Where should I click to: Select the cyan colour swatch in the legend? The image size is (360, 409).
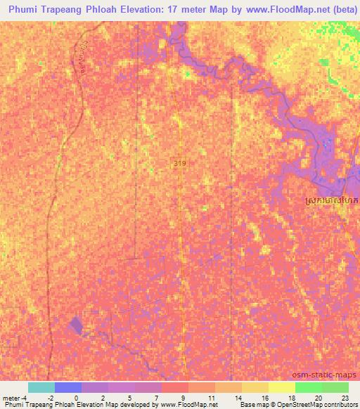pyautogui.click(x=41, y=387)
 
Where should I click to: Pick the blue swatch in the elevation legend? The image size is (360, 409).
pyautogui.click(x=68, y=387)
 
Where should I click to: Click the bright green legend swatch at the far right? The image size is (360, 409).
pyautogui.click(x=335, y=387)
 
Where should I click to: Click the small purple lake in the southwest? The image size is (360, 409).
pyautogui.click(x=75, y=325)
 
